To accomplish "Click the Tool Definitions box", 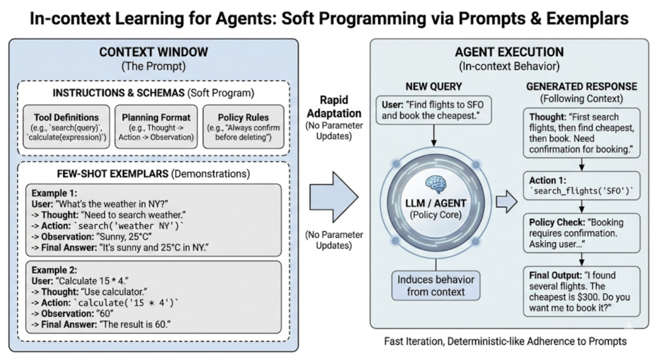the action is [x=66, y=126].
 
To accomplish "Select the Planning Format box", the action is [x=156, y=126].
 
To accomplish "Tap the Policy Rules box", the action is [x=243, y=126].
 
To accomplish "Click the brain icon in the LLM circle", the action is [x=436, y=185].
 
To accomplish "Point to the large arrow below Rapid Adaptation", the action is [x=334, y=196].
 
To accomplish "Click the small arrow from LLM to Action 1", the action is [x=507, y=201].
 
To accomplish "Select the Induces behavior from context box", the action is [x=436, y=285].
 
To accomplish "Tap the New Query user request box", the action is [x=433, y=110].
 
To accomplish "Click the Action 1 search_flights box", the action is [x=582, y=185].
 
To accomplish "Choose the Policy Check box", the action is [x=582, y=233].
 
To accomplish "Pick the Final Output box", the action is [x=582, y=291].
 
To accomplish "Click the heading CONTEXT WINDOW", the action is [x=154, y=52].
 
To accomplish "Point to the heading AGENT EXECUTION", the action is [x=509, y=52].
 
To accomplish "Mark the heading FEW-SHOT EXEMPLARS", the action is [x=113, y=173].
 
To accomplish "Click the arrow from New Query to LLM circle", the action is [x=434, y=136].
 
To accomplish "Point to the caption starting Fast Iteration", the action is [x=506, y=341].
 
